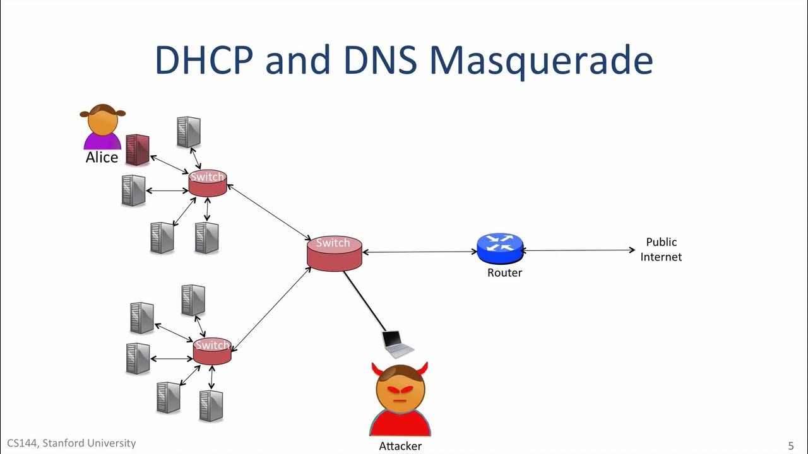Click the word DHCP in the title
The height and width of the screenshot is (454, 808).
click(x=203, y=61)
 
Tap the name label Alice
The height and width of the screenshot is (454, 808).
click(x=102, y=157)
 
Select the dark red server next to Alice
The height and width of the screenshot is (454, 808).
click(x=137, y=150)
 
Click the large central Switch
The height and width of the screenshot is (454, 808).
click(x=334, y=253)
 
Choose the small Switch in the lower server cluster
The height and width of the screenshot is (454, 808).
click(x=212, y=351)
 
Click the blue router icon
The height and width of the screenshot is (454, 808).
click(x=500, y=248)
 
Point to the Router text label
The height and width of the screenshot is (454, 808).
click(x=504, y=273)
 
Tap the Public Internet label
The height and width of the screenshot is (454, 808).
click(x=661, y=250)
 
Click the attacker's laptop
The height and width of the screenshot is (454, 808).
click(x=398, y=342)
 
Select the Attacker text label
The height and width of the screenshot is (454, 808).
click(x=400, y=446)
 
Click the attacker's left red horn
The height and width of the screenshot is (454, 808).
click(x=377, y=370)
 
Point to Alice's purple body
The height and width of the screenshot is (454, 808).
click(x=102, y=141)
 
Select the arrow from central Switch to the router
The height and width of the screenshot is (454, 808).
click(x=420, y=252)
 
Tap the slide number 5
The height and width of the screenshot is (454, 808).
click(x=791, y=445)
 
